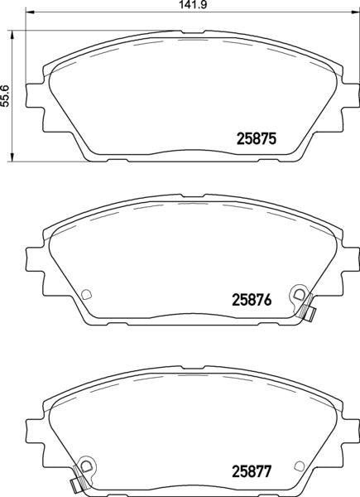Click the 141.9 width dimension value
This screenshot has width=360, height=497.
[193, 4]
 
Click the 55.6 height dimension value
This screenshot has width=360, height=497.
[6, 96]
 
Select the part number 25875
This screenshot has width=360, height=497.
[257, 139]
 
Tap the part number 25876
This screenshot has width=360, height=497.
[252, 300]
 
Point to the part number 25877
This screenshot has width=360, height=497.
[252, 471]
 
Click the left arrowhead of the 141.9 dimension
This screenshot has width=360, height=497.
[29, 12]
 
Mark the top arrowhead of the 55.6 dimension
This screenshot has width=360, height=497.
[12, 35]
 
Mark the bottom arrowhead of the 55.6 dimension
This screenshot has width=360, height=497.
[12, 157]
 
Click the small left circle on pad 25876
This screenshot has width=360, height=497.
[86, 294]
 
